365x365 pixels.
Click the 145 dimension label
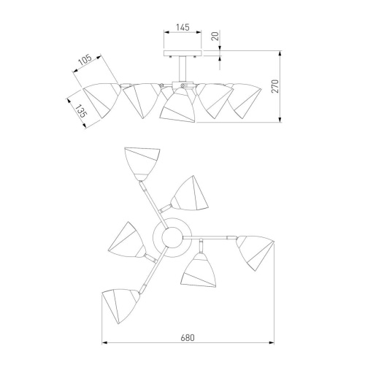[x=182, y=27]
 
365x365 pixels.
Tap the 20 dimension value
[x=215, y=36]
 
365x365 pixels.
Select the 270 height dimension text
[x=274, y=86]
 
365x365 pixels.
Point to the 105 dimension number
[x=85, y=60]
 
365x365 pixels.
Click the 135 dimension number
[x=81, y=111]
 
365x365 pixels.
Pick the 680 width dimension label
[x=188, y=338]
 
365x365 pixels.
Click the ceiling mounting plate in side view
[x=182, y=53]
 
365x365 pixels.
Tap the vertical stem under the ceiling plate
[x=182, y=69]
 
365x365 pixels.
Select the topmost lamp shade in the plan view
[x=142, y=164]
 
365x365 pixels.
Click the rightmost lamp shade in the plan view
[x=255, y=253]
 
